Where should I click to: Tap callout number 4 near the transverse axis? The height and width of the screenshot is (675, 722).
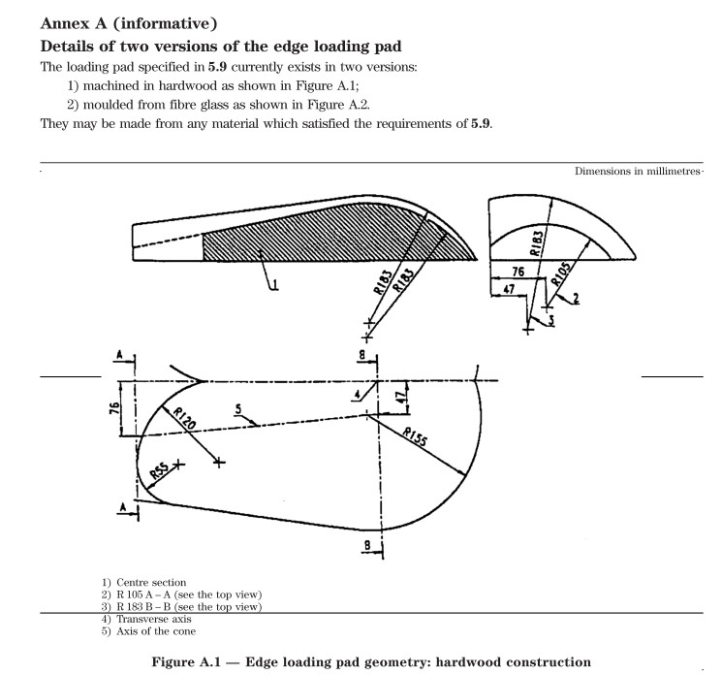click(357, 395)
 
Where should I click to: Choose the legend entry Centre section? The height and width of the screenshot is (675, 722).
click(140, 581)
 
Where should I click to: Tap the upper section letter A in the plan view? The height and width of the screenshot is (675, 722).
click(119, 356)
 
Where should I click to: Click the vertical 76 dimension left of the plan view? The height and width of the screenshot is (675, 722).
click(115, 407)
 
